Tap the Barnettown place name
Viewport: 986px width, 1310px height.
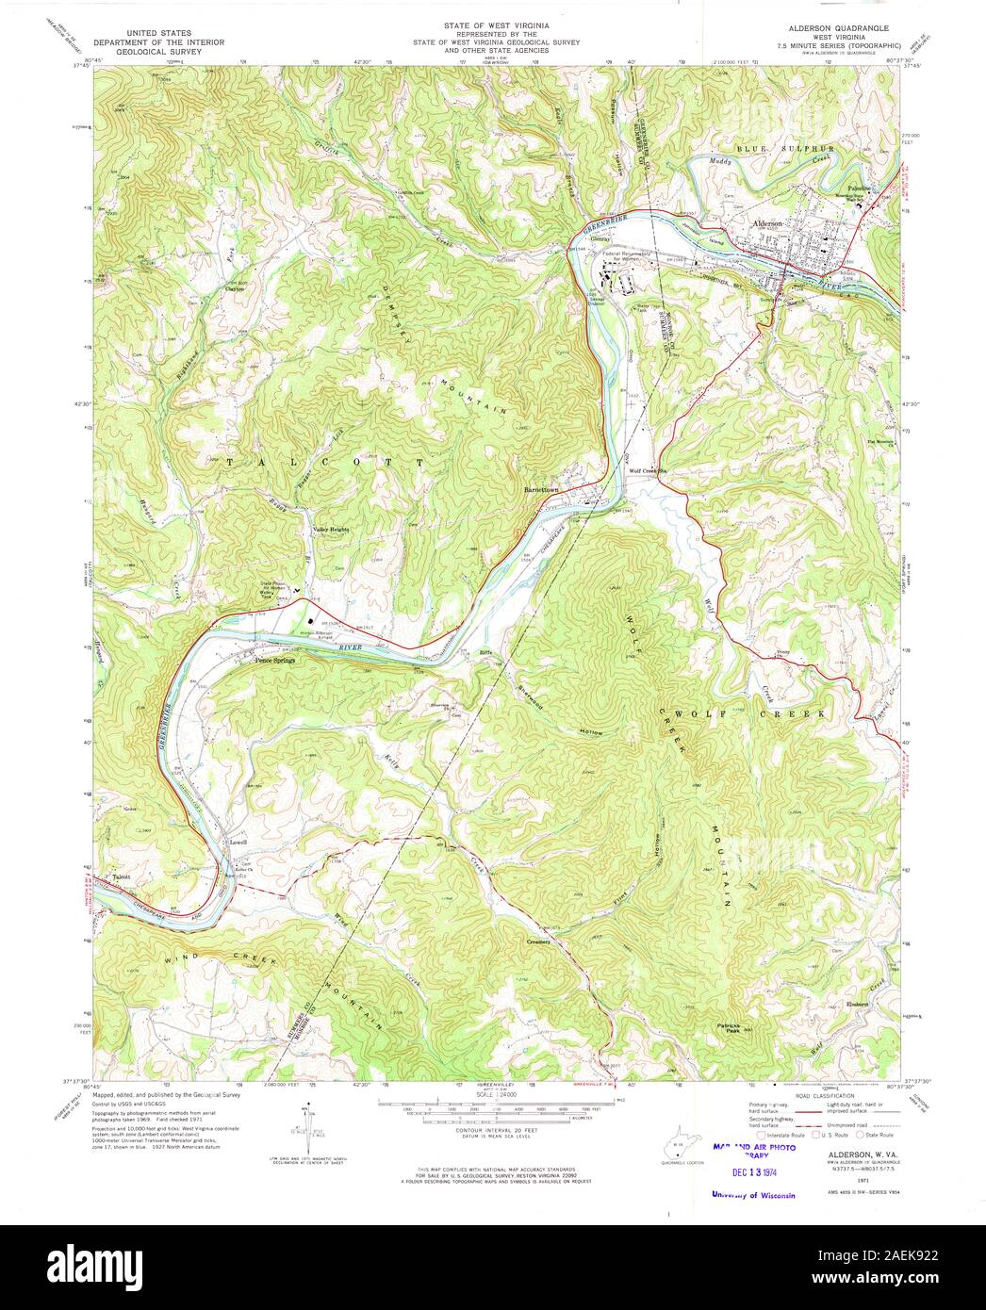[542, 490]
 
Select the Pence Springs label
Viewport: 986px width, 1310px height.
[274, 661]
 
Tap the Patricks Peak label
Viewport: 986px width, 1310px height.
[725, 1028]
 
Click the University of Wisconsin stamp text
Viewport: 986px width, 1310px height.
[754, 1194]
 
